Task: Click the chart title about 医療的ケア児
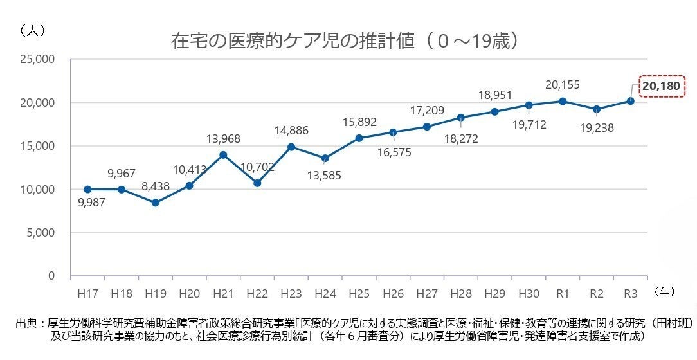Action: pyautogui.click(x=345, y=41)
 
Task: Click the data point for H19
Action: pyautogui.click(x=155, y=203)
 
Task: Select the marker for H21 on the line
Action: pyautogui.click(x=223, y=154)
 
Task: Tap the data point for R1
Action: pyautogui.click(x=563, y=101)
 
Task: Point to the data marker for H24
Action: pyautogui.click(x=325, y=158)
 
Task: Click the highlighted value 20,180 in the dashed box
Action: pyautogui.click(x=661, y=85)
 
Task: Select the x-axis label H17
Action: pyautogui.click(x=87, y=292)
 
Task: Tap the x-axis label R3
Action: pyautogui.click(x=630, y=292)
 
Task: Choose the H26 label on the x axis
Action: pyautogui.click(x=393, y=292)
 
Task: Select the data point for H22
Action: pyautogui.click(x=257, y=183)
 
